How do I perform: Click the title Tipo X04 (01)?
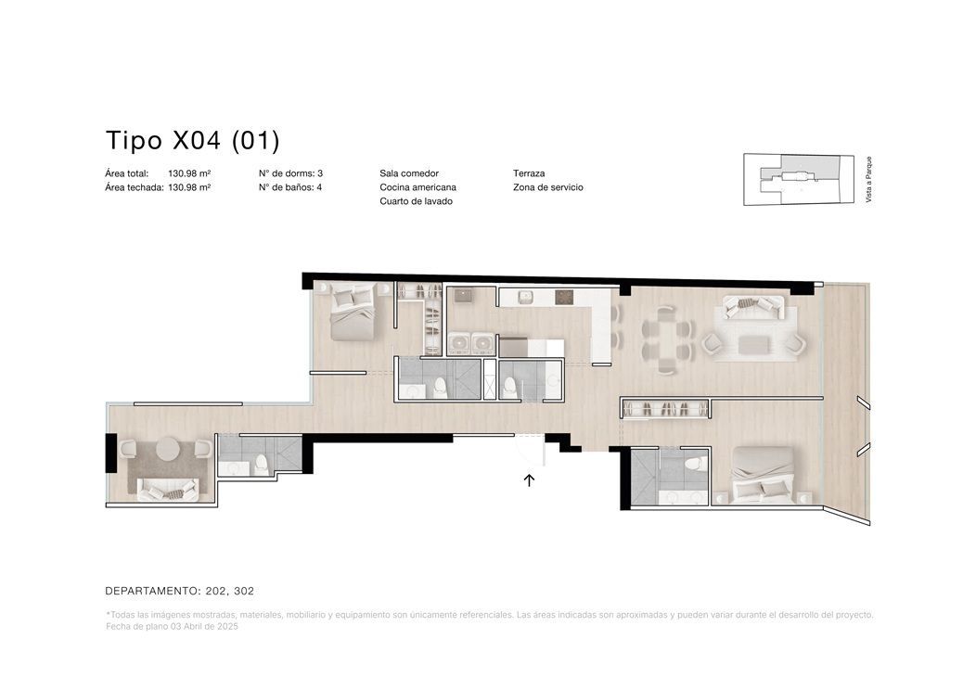193,141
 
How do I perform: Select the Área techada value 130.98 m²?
189,187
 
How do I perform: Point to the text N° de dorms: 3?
290,173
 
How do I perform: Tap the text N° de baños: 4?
290,187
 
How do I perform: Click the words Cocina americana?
417,187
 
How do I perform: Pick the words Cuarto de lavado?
416,201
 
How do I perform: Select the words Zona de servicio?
547,187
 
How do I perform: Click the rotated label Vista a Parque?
868,179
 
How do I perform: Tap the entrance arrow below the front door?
529,479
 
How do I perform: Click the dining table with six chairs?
667,339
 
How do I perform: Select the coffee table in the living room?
754,343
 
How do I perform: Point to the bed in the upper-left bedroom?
353,311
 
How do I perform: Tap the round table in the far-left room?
167,449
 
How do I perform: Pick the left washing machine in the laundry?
458,344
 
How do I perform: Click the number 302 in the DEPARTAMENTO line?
244,591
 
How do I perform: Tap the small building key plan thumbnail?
799,180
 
